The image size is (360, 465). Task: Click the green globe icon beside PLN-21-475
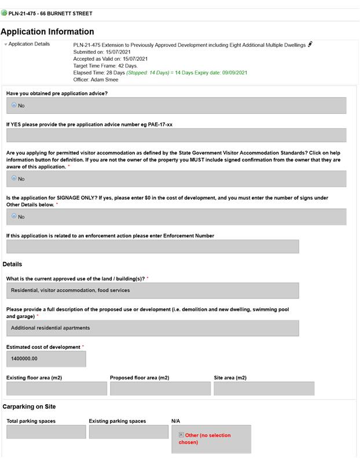click(4, 13)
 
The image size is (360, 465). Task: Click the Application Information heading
click(47, 32)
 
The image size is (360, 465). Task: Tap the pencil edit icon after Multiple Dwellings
click(310, 44)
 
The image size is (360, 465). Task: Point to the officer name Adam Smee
click(104, 80)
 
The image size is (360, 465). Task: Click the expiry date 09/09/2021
click(233, 73)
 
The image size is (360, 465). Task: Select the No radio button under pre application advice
click(14, 105)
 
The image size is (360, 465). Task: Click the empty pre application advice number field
click(176, 135)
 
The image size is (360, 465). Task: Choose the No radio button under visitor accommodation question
click(14, 179)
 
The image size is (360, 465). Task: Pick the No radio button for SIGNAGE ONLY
click(14, 216)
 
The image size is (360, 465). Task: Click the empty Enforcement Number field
click(152, 246)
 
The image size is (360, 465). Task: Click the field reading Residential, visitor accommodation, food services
click(152, 290)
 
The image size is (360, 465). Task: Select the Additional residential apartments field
click(152, 328)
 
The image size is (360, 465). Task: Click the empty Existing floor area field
click(56, 389)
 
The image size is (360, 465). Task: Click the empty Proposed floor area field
click(160, 389)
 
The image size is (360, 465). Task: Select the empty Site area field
click(263, 389)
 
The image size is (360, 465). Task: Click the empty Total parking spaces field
click(46, 432)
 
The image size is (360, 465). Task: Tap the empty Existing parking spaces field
click(128, 432)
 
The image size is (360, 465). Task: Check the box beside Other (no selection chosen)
click(181, 435)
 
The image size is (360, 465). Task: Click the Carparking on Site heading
click(29, 407)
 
